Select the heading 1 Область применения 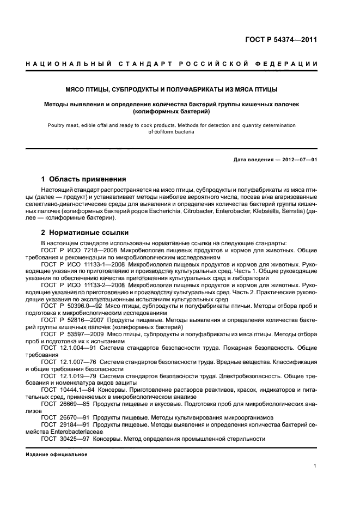click(84, 179)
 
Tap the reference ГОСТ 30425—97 click(60, 439)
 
